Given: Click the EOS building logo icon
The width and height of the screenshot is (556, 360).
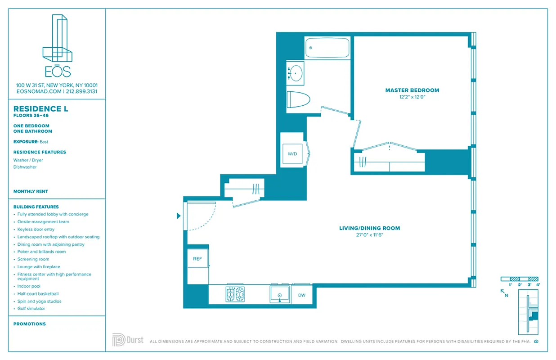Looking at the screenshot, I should coord(57,39).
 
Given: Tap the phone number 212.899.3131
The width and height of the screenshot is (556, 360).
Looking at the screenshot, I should coord(81,91).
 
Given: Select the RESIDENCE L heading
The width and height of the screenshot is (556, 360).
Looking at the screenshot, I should coord(37,109).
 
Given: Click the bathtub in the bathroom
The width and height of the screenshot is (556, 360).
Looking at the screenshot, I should coord(327,48).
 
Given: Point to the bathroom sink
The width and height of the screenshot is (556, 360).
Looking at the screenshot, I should coord(296,72).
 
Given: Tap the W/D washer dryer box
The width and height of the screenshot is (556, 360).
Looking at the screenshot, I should coord(292,154).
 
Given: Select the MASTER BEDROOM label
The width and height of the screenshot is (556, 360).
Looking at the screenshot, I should coord(412,90).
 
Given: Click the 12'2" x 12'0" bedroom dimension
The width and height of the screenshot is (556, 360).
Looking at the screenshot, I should coord(412,97).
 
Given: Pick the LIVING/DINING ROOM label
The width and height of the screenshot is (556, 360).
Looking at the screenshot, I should coord(369,228).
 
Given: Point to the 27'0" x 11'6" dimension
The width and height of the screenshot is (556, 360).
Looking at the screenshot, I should coord(369,235).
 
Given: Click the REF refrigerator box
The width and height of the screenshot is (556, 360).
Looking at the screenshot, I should coord(197,259).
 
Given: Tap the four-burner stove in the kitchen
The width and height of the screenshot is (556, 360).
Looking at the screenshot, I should coord(235,294).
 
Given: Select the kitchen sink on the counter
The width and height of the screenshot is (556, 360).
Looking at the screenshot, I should coord(279,295).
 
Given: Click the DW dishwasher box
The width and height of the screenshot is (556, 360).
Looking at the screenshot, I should coord(301,295).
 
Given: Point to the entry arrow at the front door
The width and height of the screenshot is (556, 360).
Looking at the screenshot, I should coord(179,216).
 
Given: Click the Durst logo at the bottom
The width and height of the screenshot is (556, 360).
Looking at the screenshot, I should coord(128,340).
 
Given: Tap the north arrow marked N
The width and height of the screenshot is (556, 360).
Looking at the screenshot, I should coord(505,293).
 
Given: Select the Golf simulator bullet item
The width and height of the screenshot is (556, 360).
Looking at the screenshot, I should coord(31,309).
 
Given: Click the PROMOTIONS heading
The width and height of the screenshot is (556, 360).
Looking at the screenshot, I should coord(30,324).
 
